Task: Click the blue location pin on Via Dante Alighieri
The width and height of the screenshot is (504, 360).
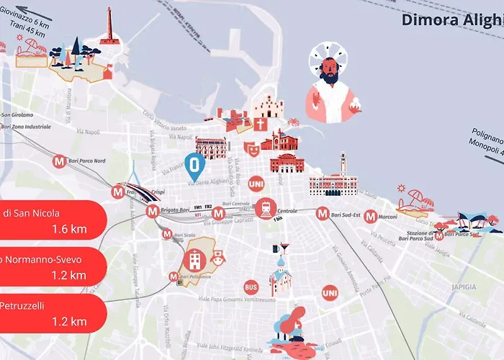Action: pyautogui.click(x=193, y=166)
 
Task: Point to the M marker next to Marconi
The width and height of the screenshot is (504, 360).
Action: pyautogui.click(x=370, y=215)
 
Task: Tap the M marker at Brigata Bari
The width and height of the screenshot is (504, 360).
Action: pyautogui.click(x=152, y=212)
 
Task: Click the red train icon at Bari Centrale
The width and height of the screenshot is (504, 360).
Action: pyautogui.click(x=265, y=209)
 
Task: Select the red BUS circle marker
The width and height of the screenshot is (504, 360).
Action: pyautogui.click(x=251, y=287)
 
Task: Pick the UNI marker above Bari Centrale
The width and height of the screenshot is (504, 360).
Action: pyautogui.click(x=256, y=184)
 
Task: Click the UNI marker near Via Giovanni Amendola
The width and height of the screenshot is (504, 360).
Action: pyautogui.click(x=330, y=293)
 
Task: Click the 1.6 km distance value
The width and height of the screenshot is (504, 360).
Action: pyautogui.click(x=69, y=230)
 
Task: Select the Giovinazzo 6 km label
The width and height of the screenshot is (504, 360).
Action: pyautogui.click(x=28, y=22)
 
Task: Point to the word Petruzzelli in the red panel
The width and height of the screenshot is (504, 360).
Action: pyautogui.click(x=22, y=305)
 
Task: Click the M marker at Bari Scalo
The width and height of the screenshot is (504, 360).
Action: pyautogui.click(x=167, y=233)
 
